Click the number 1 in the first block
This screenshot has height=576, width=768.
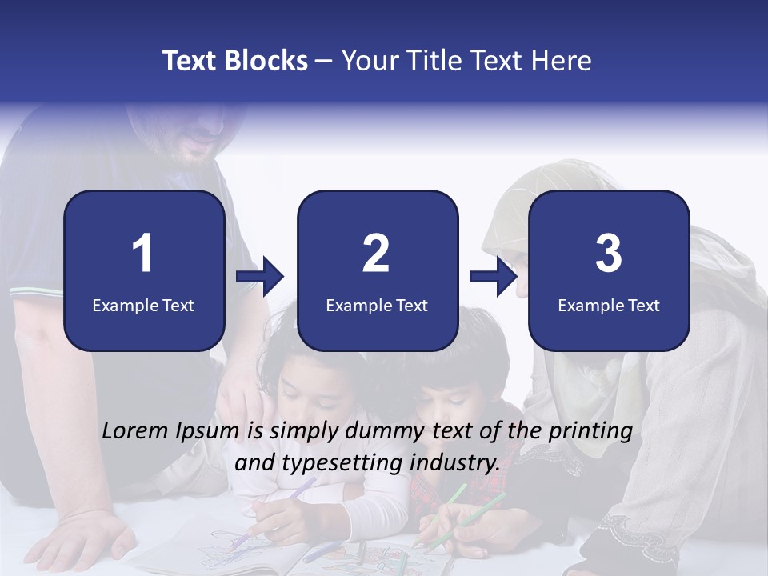pos(142,254)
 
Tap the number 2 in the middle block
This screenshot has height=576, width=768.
pos(376,254)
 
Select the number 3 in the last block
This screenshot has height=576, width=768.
pos(609,254)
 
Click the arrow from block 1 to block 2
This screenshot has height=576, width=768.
pos(261,277)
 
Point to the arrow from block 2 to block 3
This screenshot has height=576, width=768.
pos(494,277)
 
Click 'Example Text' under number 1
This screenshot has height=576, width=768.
pos(143,305)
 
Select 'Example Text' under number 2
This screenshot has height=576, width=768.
pos(377,305)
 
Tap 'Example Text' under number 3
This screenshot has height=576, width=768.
pos(609,305)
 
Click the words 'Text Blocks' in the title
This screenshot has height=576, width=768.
pos(235,61)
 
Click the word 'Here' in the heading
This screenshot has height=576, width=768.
pos(563,61)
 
